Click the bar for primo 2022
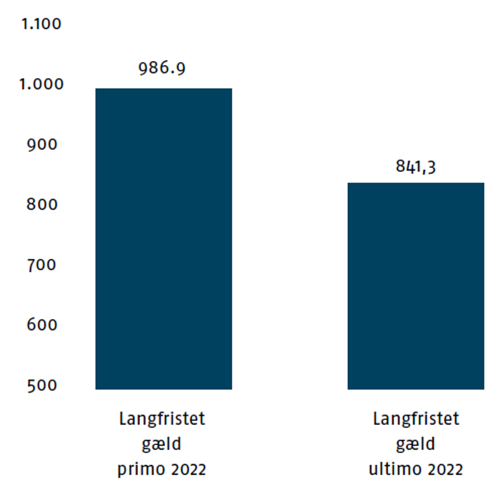[163, 239]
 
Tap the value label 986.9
[162, 68]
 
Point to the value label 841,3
[416, 167]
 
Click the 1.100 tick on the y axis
[41, 24]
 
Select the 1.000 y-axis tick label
[41, 84]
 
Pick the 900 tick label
[42, 144]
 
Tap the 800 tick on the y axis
[42, 204]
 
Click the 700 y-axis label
[42, 265]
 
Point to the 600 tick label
[42, 325]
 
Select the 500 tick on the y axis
[42, 385]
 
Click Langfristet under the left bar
[162, 418]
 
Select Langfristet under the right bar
[416, 418]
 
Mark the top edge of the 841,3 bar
[416, 183]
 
